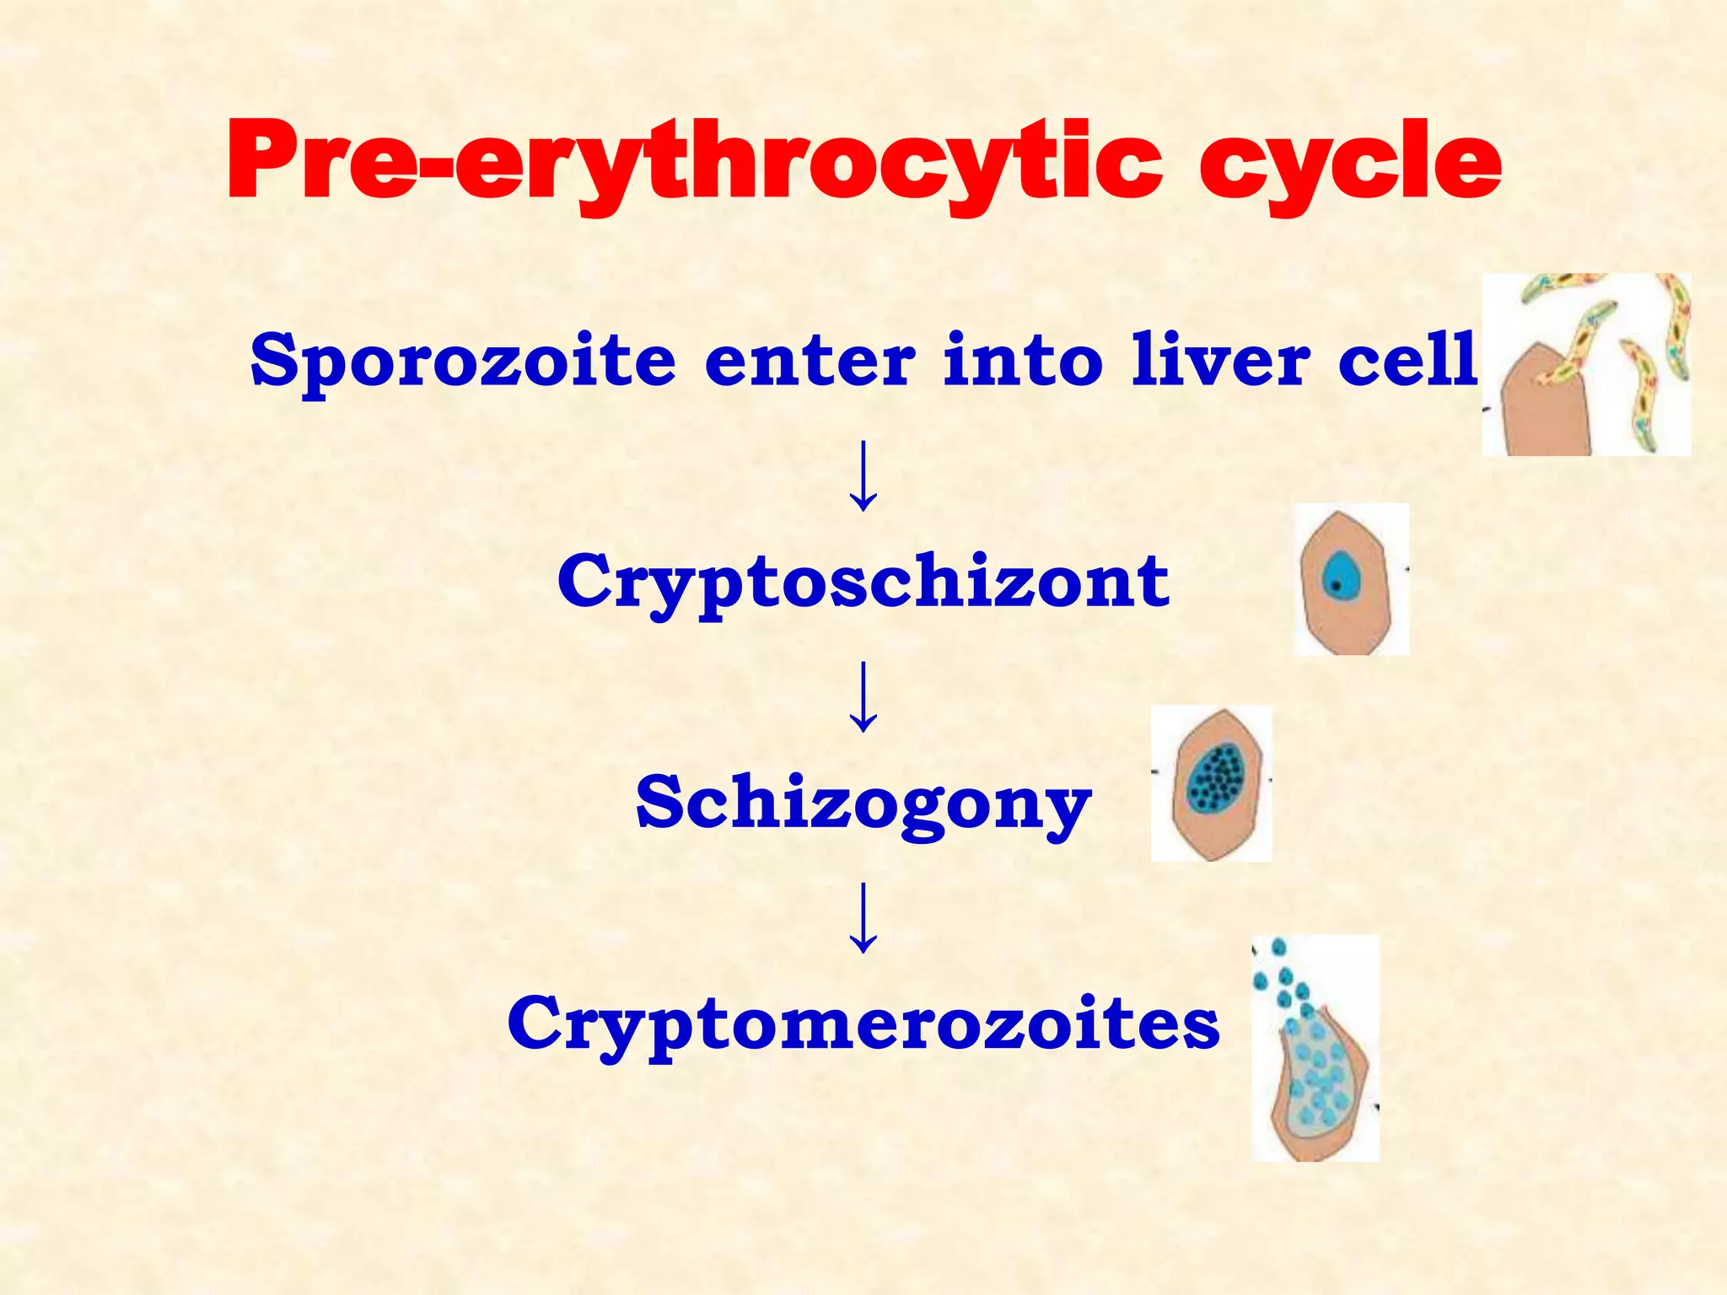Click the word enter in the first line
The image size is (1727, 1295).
(809, 361)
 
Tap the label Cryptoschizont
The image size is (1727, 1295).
(863, 582)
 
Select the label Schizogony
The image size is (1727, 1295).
(863, 803)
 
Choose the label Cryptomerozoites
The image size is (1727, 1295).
(863, 1024)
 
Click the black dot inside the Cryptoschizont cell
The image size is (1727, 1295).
(1335, 586)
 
